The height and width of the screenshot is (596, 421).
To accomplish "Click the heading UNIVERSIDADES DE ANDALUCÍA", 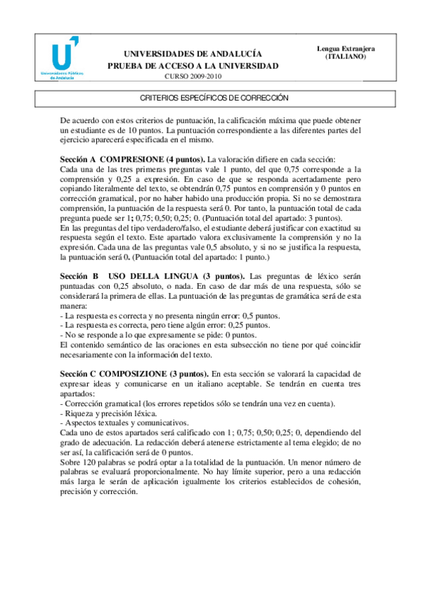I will tap(193, 53).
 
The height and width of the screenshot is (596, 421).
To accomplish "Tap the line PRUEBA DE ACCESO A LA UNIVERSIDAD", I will tap(193, 65).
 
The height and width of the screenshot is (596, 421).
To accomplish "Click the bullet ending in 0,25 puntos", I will tap(165, 325).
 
